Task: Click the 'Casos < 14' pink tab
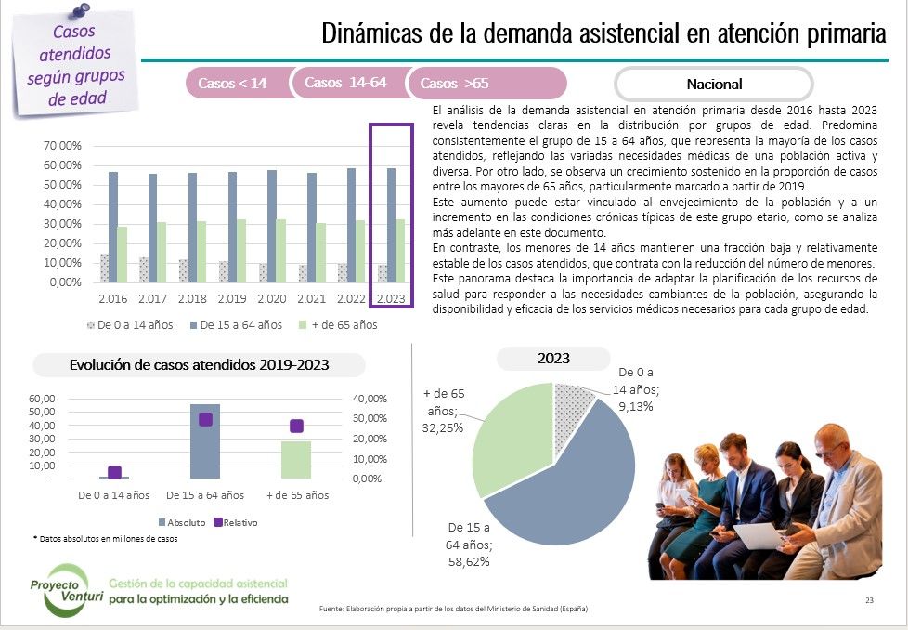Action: point(232,84)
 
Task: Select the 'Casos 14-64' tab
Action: point(345,83)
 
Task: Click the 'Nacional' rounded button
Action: point(714,84)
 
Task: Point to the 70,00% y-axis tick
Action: point(65,146)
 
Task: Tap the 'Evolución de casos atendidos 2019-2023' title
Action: point(200,365)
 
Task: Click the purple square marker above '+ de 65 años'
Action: point(296,426)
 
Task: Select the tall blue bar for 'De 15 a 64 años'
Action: point(205,440)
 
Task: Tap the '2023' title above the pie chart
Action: point(553,358)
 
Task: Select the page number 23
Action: point(868,600)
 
